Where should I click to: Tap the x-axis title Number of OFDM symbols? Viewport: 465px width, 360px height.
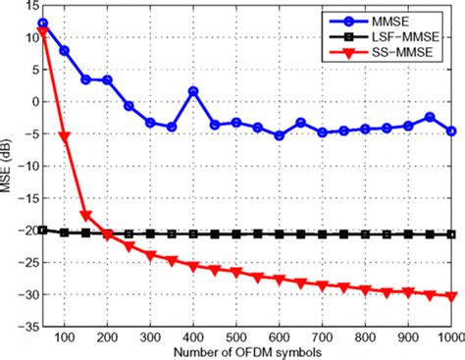[x=245, y=351]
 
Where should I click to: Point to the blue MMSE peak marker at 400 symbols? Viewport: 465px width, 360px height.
[x=193, y=91]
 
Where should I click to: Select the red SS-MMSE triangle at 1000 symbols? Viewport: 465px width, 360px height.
[x=450, y=295]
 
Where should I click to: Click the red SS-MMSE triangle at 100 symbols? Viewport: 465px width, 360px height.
[x=65, y=137]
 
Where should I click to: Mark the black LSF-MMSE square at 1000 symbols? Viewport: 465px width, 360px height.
[x=450, y=234]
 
